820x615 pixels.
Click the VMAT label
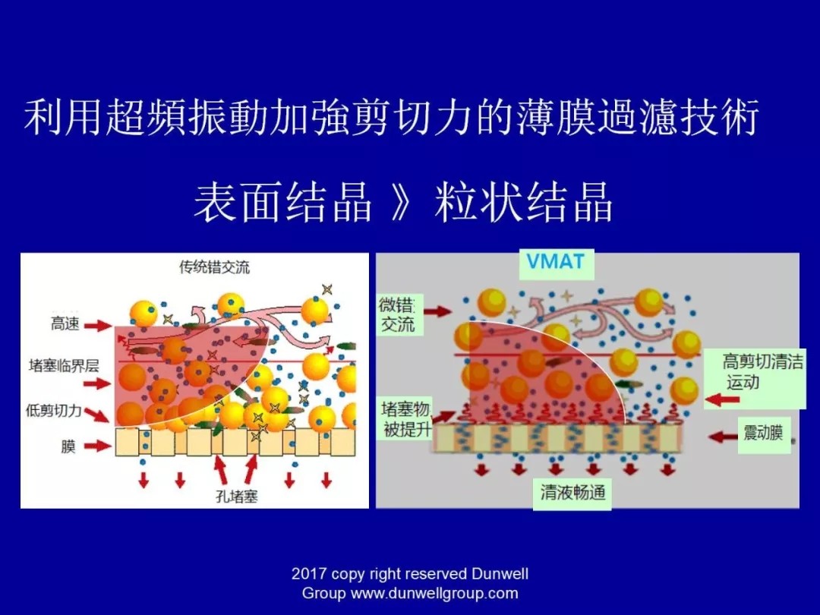click(557, 263)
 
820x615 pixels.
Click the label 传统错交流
click(214, 267)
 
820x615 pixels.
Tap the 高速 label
click(65, 324)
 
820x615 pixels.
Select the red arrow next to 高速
click(97, 325)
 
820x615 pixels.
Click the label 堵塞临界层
click(64, 366)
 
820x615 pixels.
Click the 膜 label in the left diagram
click(68, 446)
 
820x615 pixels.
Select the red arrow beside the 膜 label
click(97, 446)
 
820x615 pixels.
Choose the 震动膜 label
click(762, 435)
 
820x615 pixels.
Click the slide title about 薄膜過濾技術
click(392, 118)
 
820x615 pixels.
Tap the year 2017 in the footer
click(308, 574)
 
